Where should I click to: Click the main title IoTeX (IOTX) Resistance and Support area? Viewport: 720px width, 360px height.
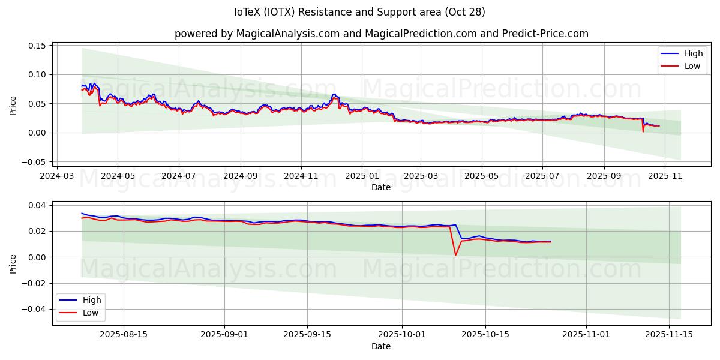click(359, 12)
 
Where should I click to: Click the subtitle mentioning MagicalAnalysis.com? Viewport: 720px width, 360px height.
click(381, 34)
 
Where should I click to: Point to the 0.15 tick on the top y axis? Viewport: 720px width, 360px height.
click(38, 46)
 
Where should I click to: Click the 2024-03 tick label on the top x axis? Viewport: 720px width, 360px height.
click(57, 176)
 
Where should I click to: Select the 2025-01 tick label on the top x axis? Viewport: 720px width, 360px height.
click(362, 176)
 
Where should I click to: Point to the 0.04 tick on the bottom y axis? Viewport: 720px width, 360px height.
click(38, 205)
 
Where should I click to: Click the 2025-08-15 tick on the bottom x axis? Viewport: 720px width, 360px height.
click(124, 335)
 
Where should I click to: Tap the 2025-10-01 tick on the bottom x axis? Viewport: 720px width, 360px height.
click(402, 335)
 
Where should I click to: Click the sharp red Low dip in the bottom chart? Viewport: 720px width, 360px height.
click(455, 255)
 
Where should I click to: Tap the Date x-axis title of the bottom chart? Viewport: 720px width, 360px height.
click(380, 346)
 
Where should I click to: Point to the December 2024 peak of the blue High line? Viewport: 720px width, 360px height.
click(334, 94)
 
